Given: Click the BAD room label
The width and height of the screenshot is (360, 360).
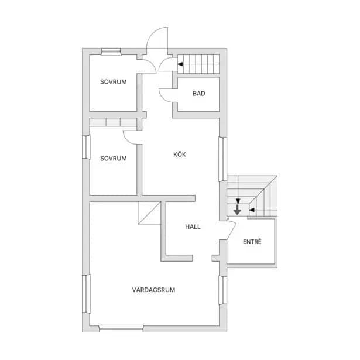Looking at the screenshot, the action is (x=199, y=94).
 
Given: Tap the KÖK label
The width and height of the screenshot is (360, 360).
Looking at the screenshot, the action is (x=180, y=155).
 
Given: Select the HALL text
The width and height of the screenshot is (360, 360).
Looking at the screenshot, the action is (x=193, y=227).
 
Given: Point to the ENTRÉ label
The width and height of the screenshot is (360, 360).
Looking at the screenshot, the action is (x=252, y=242).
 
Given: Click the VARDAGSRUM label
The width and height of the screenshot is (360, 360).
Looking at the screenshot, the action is (x=153, y=290).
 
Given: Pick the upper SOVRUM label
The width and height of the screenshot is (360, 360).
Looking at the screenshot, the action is (x=114, y=82).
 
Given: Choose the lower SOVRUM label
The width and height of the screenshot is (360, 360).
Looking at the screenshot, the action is (x=114, y=158).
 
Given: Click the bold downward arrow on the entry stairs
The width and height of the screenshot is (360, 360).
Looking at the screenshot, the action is (x=237, y=210).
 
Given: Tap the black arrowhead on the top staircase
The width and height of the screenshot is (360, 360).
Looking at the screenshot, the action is (x=180, y=64).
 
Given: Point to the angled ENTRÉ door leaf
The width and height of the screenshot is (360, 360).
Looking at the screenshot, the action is (x=232, y=231).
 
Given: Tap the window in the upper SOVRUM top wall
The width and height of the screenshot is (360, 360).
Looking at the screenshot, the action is (x=111, y=52).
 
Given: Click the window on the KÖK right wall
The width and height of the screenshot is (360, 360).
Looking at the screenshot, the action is (x=222, y=159).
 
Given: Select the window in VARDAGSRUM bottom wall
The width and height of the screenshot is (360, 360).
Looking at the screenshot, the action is (x=121, y=329).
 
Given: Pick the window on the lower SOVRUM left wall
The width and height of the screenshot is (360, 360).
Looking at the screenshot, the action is (x=86, y=147).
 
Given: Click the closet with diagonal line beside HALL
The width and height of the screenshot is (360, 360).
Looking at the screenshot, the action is (x=149, y=213).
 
